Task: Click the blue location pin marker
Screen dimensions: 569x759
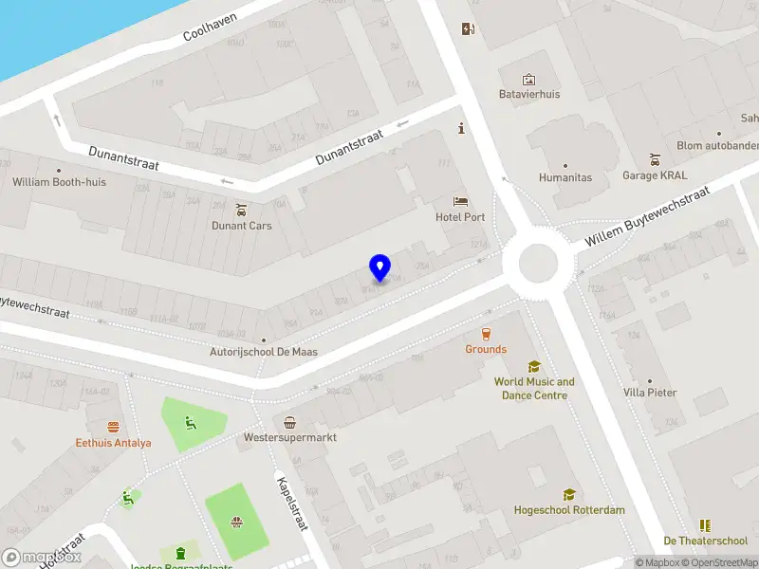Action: point(379,267)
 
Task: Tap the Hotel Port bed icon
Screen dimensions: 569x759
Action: point(460,202)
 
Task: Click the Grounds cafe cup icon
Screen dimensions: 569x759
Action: point(486,334)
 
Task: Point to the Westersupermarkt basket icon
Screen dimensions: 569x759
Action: point(289,423)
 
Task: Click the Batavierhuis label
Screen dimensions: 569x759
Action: point(529,95)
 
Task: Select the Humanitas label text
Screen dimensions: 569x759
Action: point(565,177)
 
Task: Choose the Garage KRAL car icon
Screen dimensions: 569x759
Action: point(654,159)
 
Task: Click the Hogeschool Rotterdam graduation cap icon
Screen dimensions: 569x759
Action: point(569,494)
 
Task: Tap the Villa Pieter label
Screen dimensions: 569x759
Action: point(650,393)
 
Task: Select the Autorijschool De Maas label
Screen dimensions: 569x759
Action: point(264,352)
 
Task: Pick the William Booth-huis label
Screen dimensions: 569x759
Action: point(59,182)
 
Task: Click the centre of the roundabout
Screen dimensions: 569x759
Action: point(535,263)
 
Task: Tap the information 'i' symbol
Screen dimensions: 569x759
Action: point(461,129)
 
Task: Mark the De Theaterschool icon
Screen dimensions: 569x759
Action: point(705,525)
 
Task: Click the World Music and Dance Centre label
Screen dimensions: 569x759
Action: point(534,388)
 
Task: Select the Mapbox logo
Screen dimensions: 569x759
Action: point(42,558)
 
